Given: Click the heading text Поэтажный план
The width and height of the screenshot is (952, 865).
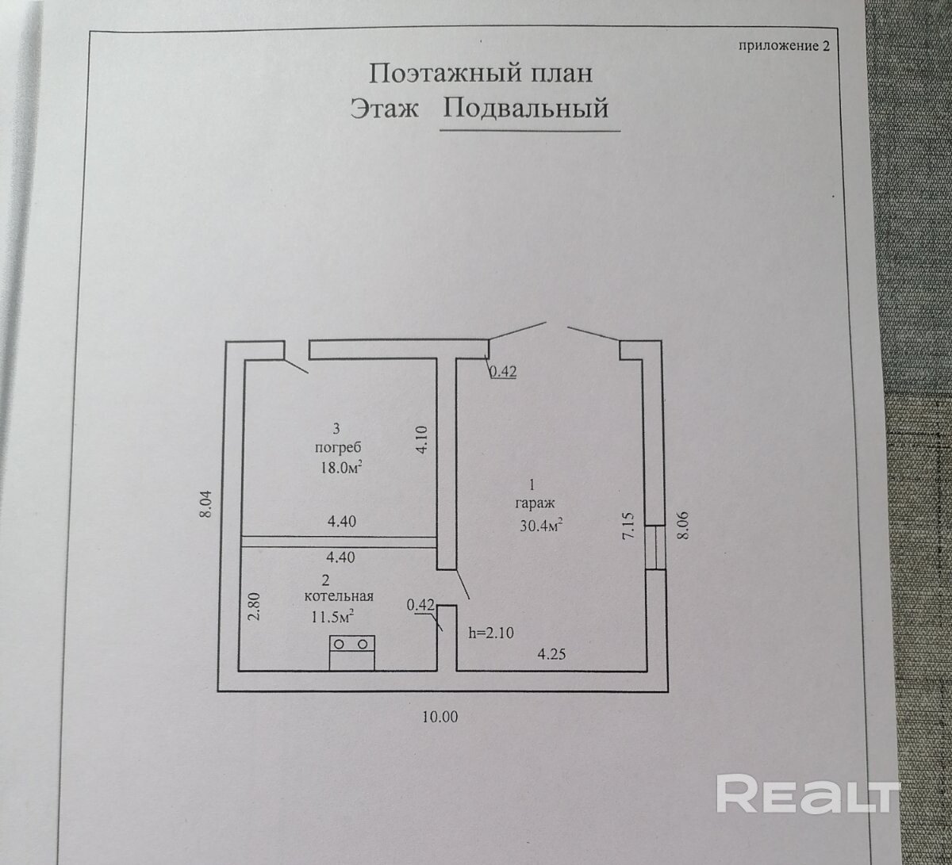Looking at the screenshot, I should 481,74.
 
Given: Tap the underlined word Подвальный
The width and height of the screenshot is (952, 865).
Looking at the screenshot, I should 526,108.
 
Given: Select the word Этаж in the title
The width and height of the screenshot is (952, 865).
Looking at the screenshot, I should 385,108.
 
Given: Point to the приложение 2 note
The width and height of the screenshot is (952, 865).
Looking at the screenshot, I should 783,45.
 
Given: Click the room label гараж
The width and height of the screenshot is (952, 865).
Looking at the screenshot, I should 535,503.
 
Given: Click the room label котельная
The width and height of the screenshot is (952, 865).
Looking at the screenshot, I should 339,596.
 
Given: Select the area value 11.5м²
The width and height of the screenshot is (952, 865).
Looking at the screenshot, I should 330,615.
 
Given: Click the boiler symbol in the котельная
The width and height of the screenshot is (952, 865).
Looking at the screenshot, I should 352,653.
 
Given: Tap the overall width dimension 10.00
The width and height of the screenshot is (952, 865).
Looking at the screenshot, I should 440,717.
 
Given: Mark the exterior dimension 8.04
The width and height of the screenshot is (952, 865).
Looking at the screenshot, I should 206,505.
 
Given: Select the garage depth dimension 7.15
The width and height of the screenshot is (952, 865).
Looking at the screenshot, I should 628,526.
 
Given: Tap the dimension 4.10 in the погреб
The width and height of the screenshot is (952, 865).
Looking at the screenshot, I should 421,440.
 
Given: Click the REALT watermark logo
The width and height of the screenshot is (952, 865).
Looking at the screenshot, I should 807,794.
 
